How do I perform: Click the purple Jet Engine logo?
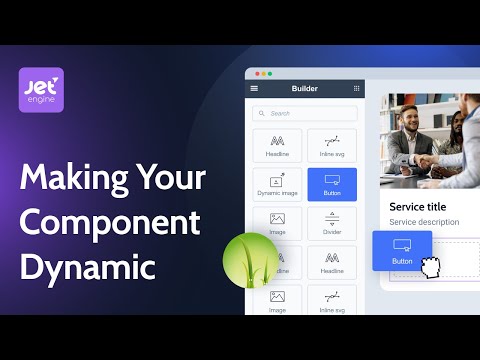41,90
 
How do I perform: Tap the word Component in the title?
110,223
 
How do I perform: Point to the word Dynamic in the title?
88,267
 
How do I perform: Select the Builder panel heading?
304,89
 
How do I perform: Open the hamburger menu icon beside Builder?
253,89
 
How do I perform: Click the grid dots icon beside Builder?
356,89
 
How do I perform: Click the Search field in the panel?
305,114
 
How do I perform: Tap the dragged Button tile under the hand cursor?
402,250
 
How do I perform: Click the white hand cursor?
432,267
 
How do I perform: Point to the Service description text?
424,222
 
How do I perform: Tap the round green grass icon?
250,262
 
